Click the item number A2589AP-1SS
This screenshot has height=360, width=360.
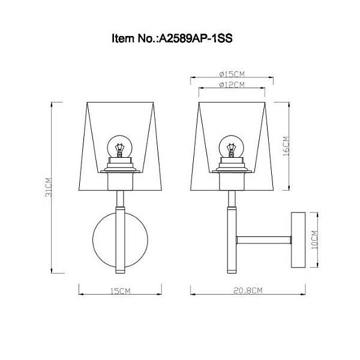coord(196,38)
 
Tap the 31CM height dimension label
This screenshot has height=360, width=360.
coord(49,187)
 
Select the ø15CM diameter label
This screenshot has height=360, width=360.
coord(232,74)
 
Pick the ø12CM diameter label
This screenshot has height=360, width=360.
coord(232,85)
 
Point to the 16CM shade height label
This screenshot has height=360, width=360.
coord(286,146)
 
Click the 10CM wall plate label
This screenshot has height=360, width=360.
coord(314,239)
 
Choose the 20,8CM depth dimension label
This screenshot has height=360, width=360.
coord(248,290)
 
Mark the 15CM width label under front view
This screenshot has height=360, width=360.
coord(121,291)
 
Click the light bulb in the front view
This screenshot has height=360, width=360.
coord(119,146)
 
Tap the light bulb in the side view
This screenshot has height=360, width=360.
coord(231,146)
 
